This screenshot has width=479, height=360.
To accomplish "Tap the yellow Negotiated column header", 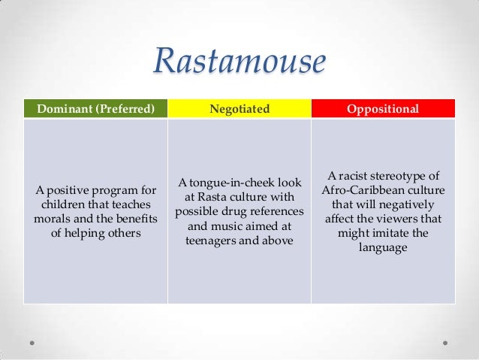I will coord(239,109).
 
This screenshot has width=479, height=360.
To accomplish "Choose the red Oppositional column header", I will coord(382,109).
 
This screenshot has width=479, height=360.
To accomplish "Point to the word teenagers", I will coord(217,241).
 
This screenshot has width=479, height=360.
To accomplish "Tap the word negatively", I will coord(401,204).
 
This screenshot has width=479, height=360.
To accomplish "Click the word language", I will coord(382,248).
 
